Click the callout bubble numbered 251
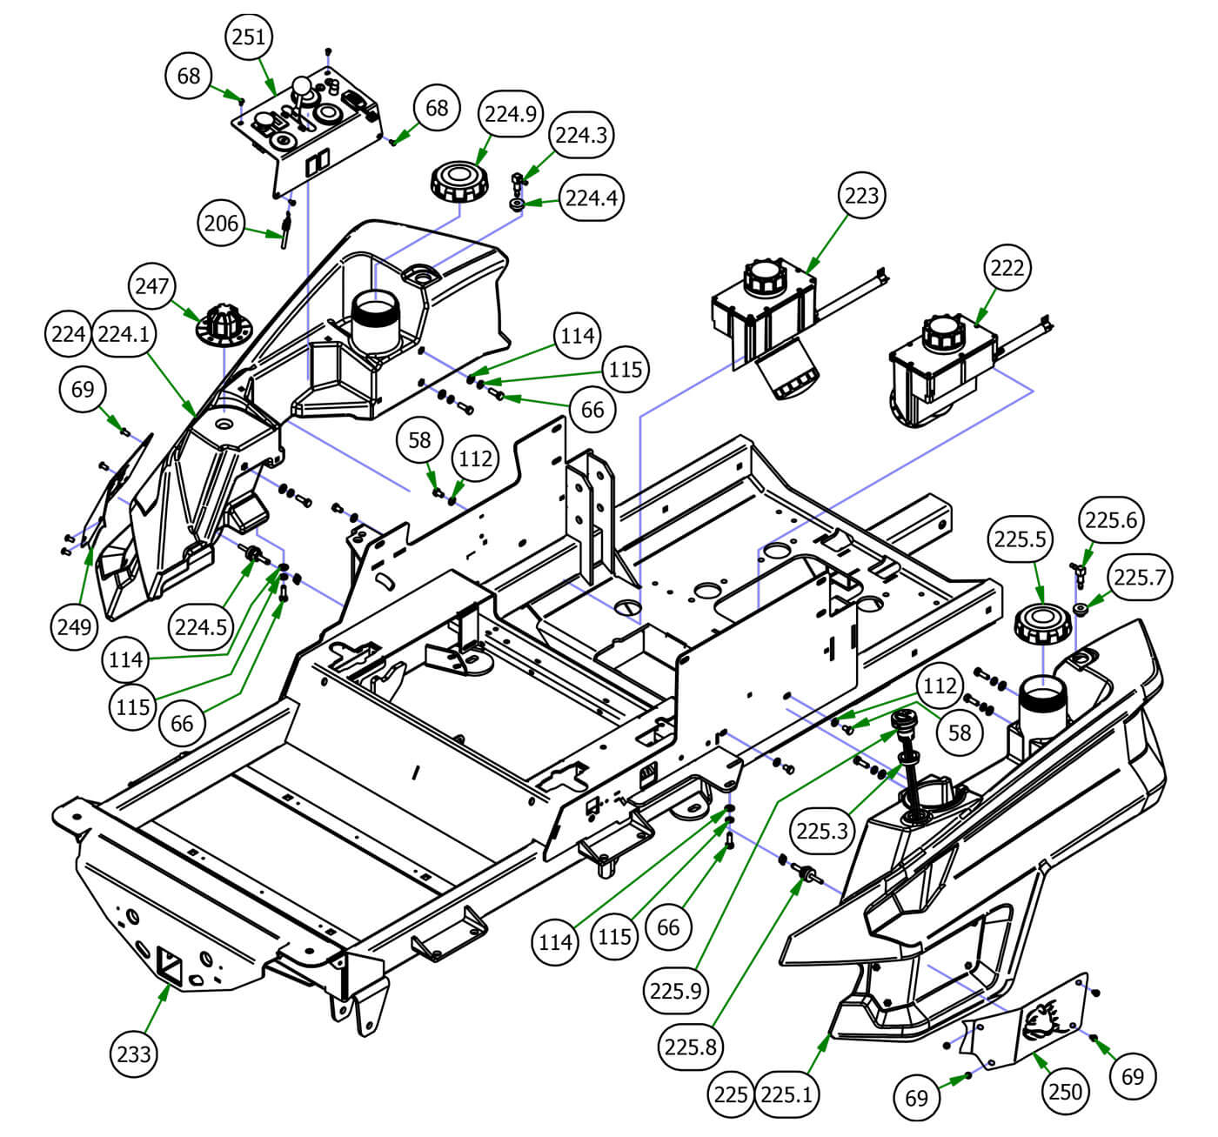[x=249, y=37]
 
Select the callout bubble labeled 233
[x=134, y=1053]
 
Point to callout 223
[x=861, y=196]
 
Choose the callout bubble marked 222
[x=1007, y=268]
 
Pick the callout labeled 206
[x=221, y=224]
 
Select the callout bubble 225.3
[x=821, y=831]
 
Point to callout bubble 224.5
[x=200, y=625]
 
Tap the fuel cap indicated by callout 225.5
[x=1041, y=624]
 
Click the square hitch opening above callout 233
[x=170, y=963]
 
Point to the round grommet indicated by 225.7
[x=1081, y=609]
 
